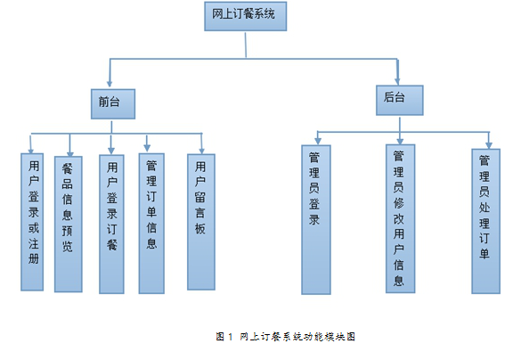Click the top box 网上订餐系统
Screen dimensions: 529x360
[245, 16]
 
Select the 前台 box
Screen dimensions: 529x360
[113, 104]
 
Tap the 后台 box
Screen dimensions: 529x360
[400, 101]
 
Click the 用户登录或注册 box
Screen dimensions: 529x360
[32, 222]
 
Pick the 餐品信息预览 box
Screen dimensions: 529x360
[69, 225]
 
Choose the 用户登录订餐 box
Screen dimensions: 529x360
[111, 225]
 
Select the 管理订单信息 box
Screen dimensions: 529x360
[151, 224]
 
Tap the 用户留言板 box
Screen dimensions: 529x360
[201, 222]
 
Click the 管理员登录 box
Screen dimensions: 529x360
[316, 220]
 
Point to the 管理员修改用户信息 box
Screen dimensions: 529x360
[401, 219]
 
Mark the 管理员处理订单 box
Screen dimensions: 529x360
[486, 221]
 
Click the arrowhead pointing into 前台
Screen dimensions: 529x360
[110, 84]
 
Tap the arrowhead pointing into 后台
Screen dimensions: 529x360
[397, 81]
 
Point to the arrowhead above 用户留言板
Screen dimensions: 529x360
[202, 151]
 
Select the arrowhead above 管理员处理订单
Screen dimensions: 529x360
[489, 145]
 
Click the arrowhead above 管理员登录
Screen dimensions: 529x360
[317, 141]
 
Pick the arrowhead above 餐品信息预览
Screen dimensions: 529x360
[70, 153]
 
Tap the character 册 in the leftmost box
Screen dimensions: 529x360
[34, 258]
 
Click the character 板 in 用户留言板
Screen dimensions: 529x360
[200, 229]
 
